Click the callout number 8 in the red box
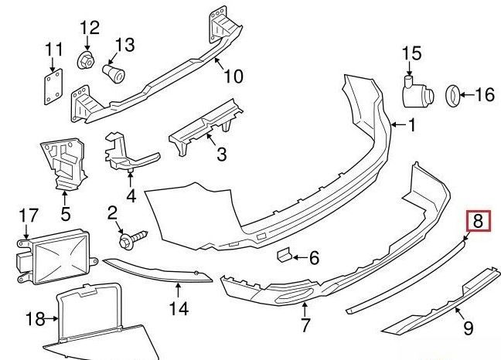point(478,222)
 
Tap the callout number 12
point(90,28)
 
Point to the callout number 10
point(233,76)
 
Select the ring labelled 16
point(450,96)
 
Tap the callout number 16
point(484,95)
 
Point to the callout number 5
point(65,212)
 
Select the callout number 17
point(28,214)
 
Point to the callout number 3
point(221,155)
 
